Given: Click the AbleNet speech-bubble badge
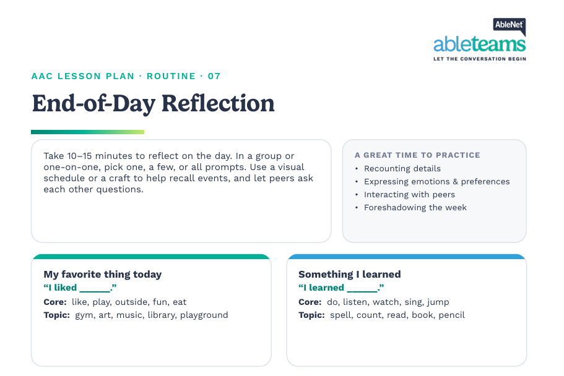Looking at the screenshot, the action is (510, 26).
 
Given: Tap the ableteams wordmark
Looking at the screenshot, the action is (479, 44).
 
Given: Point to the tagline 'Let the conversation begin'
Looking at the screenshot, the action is (479, 59).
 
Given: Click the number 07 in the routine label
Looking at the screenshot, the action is (214, 76).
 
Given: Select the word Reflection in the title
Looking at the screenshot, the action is (218, 103).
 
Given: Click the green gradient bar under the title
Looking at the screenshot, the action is (87, 132).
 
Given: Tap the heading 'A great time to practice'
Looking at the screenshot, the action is (417, 155).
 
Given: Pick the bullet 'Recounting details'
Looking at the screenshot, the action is (402, 169).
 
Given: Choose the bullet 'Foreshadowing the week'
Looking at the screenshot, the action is (415, 207).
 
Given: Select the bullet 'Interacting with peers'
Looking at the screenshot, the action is (409, 194).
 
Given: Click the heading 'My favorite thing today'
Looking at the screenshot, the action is (103, 275).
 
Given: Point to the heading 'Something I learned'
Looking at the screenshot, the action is (350, 275).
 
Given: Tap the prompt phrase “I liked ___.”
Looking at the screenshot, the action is (80, 288).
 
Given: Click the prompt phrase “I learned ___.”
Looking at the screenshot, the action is (341, 288).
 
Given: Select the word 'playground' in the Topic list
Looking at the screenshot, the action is (204, 315).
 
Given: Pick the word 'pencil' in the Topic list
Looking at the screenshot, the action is (451, 315).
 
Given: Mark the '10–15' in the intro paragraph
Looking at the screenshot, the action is (79, 156).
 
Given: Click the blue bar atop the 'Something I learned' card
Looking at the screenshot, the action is (407, 257).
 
